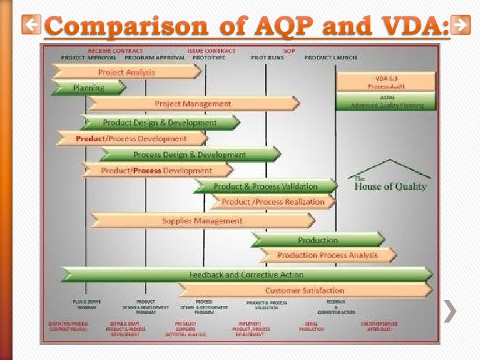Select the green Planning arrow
pos(88,87)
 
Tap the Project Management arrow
pos(193,104)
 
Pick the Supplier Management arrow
pos(202,221)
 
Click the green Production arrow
pos(317,240)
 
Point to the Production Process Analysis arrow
pos(328,255)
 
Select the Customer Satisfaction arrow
pos(305,290)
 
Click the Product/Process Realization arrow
pos(273,202)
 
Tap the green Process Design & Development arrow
pos(190,155)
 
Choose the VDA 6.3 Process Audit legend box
pos(386,82)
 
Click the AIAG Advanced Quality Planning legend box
pos(386,101)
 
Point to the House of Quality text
pos(390,185)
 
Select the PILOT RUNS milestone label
pos(267,57)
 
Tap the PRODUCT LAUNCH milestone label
pos(330,57)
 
